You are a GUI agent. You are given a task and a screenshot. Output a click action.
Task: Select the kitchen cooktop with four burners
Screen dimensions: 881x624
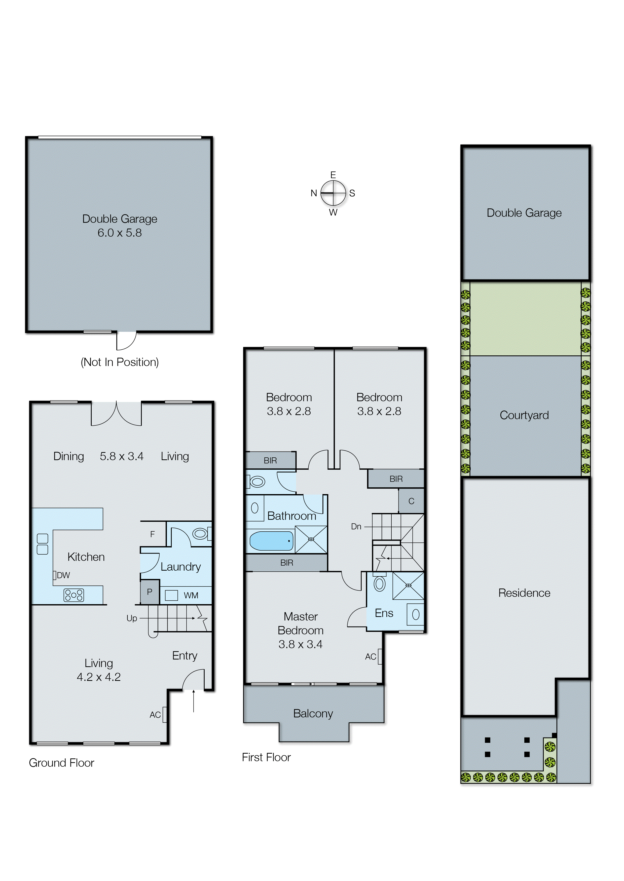click(74, 595)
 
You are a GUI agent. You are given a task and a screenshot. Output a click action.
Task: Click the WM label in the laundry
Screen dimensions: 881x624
click(191, 596)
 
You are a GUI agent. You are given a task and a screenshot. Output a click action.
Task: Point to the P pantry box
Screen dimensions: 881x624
click(150, 592)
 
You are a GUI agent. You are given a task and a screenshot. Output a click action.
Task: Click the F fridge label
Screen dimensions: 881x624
click(153, 534)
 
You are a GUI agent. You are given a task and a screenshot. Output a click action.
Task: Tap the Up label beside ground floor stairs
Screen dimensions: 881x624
click(132, 618)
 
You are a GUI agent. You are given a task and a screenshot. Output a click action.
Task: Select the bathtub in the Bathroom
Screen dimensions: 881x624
click(271, 541)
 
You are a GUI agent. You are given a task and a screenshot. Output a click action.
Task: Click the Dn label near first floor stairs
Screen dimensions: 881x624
click(356, 526)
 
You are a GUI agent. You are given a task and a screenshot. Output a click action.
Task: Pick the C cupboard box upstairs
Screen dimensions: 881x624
click(411, 501)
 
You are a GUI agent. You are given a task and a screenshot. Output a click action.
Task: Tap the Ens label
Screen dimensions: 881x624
click(384, 613)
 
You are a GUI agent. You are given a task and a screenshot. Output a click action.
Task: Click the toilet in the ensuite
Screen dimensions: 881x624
click(380, 584)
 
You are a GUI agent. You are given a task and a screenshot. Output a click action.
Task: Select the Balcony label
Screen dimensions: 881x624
click(313, 713)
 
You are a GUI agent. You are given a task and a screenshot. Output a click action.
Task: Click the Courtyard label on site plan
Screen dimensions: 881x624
click(524, 415)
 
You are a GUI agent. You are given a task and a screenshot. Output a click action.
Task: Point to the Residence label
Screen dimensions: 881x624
click(524, 593)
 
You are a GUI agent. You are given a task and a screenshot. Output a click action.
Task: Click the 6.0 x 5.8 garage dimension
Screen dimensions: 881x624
click(120, 233)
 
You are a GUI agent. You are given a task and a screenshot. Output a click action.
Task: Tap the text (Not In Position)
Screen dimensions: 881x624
click(120, 362)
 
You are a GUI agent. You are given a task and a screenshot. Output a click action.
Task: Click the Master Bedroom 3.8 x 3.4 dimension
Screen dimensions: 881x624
click(301, 644)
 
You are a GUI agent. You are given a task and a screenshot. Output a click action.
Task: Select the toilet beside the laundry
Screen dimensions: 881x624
click(200, 533)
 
